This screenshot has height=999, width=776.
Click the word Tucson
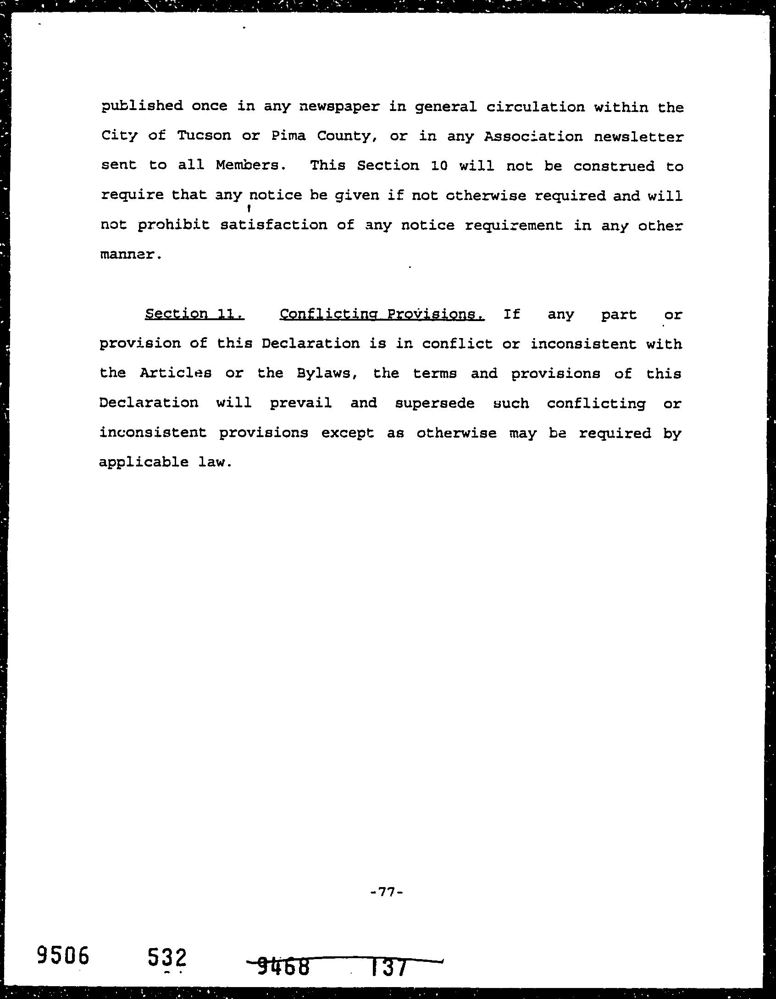204,136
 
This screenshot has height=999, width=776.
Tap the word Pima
288,136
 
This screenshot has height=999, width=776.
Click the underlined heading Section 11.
194,314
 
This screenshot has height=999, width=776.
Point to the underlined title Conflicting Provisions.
382,314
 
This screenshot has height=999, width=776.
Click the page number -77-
386,892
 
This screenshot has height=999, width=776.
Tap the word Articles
176,373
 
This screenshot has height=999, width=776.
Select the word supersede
434,403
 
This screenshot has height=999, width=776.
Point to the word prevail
300,403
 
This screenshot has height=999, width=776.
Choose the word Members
248,166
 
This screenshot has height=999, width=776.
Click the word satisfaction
274,225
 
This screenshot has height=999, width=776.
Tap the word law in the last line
212,462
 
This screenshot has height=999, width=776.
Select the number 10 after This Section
439,166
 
